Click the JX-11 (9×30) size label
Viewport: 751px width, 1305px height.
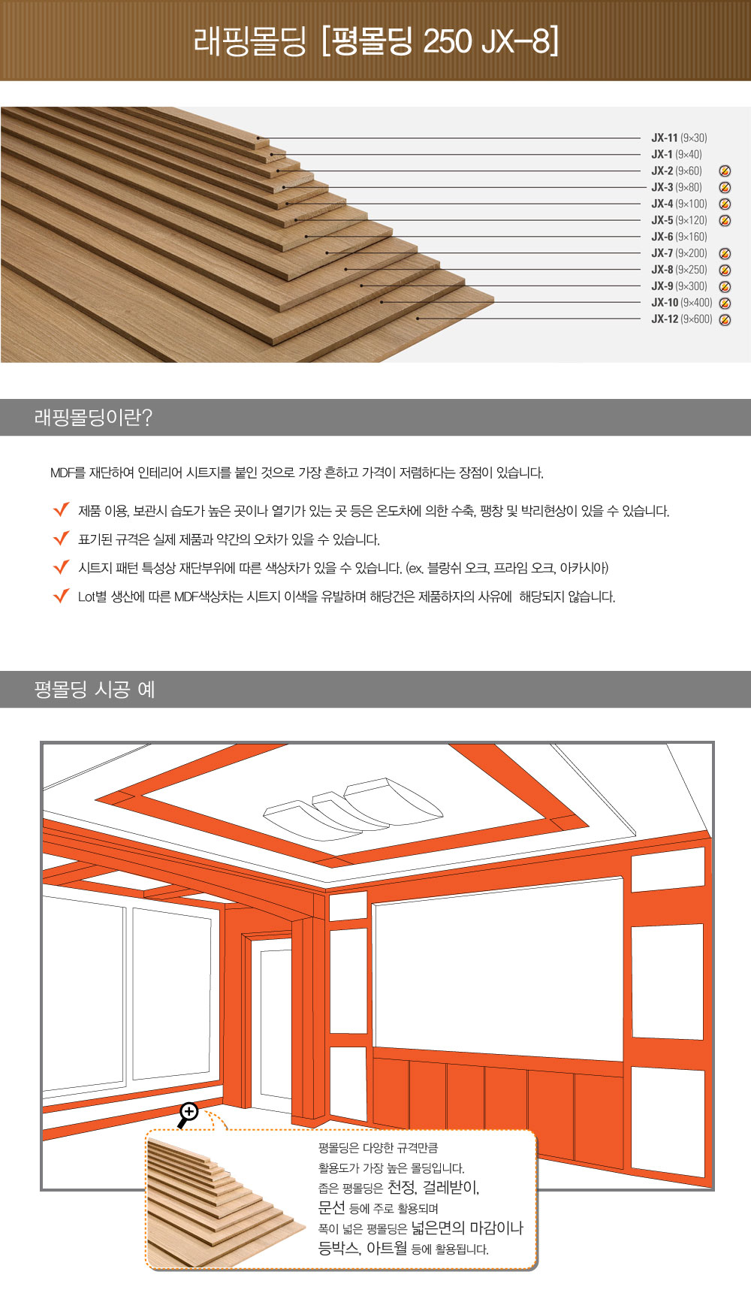[x=679, y=138]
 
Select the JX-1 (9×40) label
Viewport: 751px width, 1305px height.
[x=677, y=155]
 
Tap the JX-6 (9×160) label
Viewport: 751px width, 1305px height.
[x=679, y=237]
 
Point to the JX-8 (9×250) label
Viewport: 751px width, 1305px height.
[x=679, y=270]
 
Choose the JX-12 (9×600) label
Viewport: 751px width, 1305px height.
[x=682, y=319]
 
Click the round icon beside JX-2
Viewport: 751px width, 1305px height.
[x=725, y=171]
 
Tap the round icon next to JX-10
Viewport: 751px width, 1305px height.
[x=725, y=304]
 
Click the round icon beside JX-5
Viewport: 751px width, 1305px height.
[x=725, y=221]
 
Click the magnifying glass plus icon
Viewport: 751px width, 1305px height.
[x=188, y=1113]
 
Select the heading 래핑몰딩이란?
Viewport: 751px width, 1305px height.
[x=93, y=418]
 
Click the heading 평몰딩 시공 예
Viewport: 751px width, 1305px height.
[x=95, y=690]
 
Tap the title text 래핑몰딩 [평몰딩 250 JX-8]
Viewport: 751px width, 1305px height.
[x=376, y=41]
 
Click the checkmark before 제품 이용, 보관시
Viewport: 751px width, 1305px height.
[x=62, y=510]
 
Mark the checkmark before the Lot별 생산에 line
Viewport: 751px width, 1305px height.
[x=62, y=596]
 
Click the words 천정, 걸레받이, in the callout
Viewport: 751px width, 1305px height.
[x=433, y=1188]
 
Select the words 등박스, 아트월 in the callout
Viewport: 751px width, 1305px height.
[x=363, y=1248]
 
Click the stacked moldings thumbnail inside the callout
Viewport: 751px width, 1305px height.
[x=222, y=1201]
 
